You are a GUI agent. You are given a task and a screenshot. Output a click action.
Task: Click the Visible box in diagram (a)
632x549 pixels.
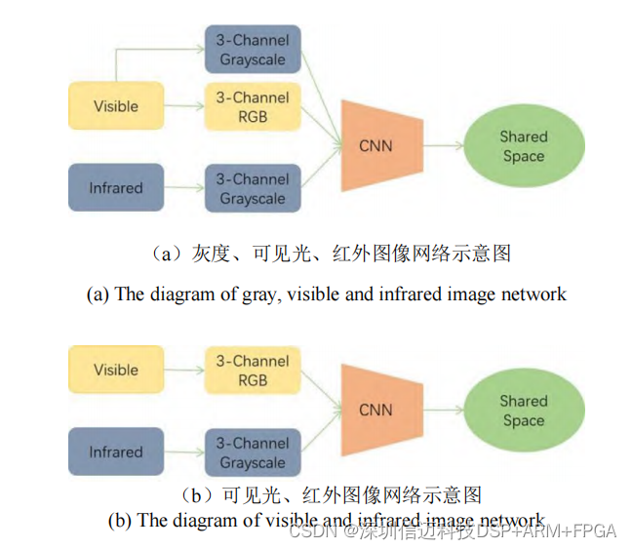tap(116, 106)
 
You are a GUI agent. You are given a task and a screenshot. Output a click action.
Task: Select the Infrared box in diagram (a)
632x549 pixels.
tap(116, 188)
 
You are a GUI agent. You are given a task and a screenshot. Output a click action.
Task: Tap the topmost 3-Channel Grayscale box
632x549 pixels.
tap(252, 49)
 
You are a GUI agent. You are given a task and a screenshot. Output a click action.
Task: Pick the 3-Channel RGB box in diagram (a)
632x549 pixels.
tap(252, 107)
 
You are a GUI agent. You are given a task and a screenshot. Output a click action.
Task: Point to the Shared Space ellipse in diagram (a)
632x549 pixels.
tap(524, 146)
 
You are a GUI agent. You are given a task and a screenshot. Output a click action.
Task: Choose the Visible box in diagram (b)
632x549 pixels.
tap(116, 370)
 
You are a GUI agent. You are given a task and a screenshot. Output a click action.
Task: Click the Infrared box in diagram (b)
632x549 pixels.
tap(116, 452)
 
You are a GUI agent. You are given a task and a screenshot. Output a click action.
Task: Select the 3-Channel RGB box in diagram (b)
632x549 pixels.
tap(252, 371)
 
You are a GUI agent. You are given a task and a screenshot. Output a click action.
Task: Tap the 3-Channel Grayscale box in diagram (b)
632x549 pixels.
tap(252, 453)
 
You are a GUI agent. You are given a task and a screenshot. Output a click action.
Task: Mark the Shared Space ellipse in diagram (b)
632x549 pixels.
tap(524, 411)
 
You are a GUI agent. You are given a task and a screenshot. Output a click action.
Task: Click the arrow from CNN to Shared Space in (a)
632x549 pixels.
tap(442, 146)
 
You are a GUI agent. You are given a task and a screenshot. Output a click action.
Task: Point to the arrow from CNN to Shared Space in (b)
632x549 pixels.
tap(442, 411)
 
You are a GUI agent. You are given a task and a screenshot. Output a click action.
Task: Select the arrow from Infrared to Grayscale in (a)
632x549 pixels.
tap(183, 188)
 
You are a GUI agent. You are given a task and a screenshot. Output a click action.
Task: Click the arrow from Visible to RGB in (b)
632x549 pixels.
tap(183, 370)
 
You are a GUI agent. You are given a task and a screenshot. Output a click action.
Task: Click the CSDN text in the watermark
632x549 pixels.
tap(313, 531)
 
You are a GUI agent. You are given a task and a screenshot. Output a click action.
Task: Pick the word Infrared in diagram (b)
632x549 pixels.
tap(116, 452)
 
